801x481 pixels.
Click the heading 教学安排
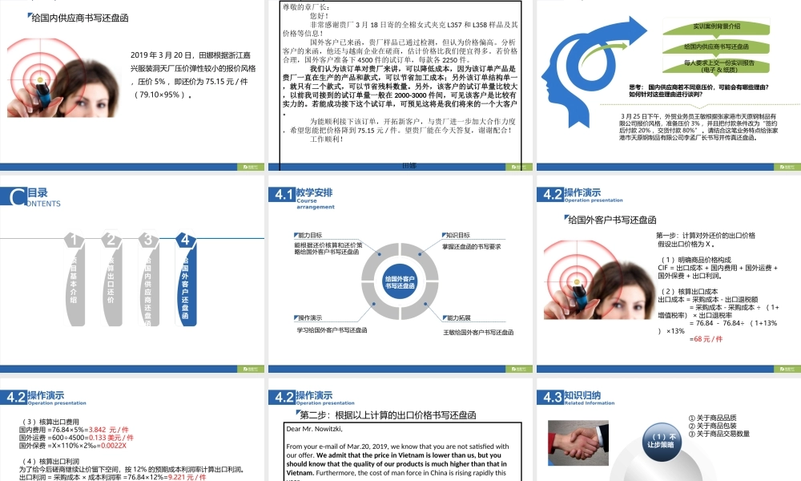[x=314, y=192]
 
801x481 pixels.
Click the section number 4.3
[x=551, y=397]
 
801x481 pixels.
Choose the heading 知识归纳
[x=582, y=394]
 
